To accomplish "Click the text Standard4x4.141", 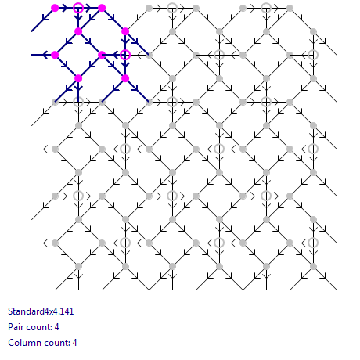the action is point(41,311).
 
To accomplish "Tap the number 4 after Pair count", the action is point(56,327).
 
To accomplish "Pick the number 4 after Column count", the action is point(74,343).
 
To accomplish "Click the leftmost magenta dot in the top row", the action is point(55,8).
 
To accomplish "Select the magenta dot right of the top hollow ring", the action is point(102,8).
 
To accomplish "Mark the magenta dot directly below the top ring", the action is point(78,31).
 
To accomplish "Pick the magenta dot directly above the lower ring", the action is point(125,31).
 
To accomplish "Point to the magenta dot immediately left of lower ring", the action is point(102,55).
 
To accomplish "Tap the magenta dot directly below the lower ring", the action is point(125,78).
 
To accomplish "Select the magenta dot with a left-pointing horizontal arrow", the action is point(55,55).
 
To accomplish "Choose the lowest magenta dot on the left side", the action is point(78,78).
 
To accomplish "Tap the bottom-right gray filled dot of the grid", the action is point(313,266).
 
